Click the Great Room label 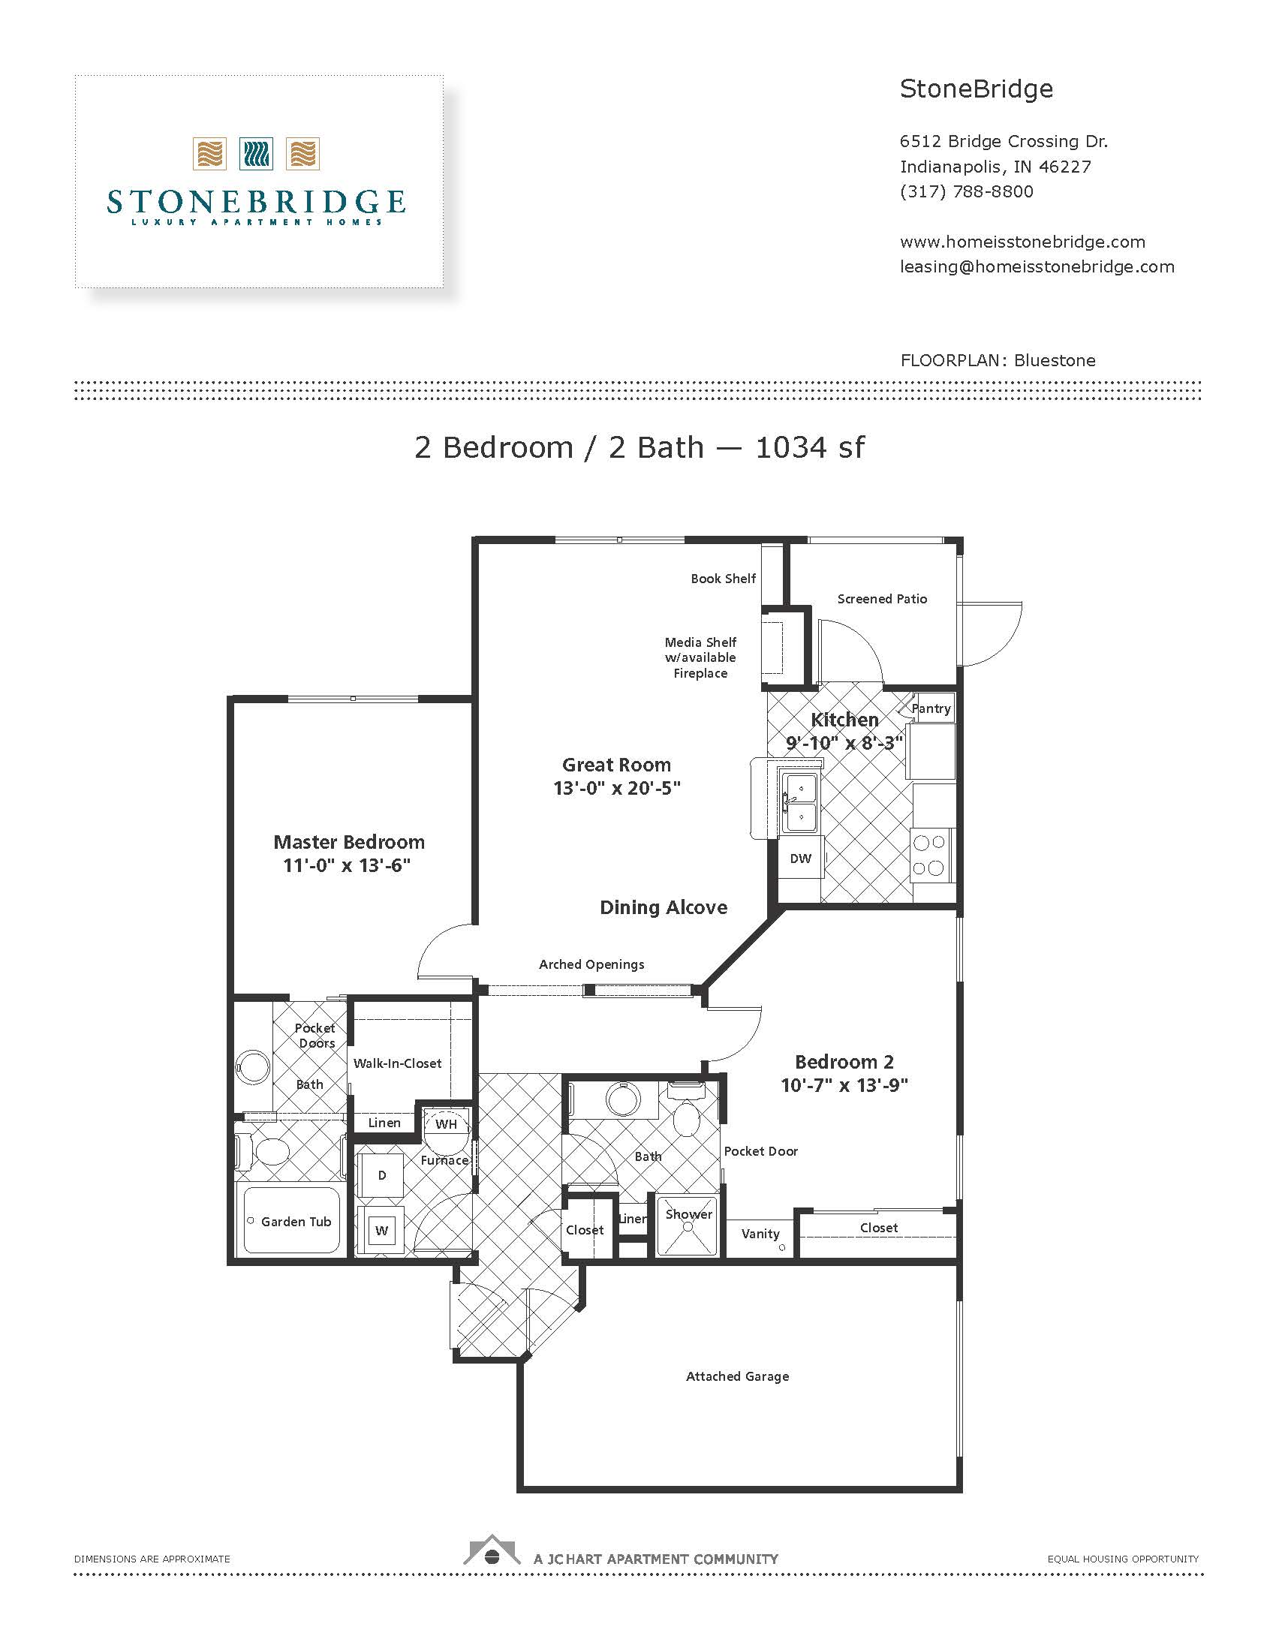pyautogui.click(x=616, y=764)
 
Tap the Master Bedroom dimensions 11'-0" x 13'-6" pyautogui.click(x=347, y=865)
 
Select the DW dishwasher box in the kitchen pyautogui.click(x=801, y=859)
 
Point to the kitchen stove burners pyautogui.click(x=928, y=854)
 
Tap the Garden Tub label pyautogui.click(x=296, y=1222)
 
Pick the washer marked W pyautogui.click(x=382, y=1231)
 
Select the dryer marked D pyautogui.click(x=382, y=1175)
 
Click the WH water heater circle pyautogui.click(x=446, y=1124)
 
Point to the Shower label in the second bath pyautogui.click(x=688, y=1214)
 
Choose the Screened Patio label pyautogui.click(x=881, y=599)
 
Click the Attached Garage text pyautogui.click(x=737, y=1376)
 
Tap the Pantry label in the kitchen pyautogui.click(x=931, y=708)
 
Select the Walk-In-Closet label pyautogui.click(x=397, y=1063)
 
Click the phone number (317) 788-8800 pyautogui.click(x=966, y=191)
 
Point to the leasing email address pyautogui.click(x=1037, y=266)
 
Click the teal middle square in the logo pyautogui.click(x=255, y=153)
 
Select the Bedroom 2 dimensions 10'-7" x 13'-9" pyautogui.click(x=844, y=1086)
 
